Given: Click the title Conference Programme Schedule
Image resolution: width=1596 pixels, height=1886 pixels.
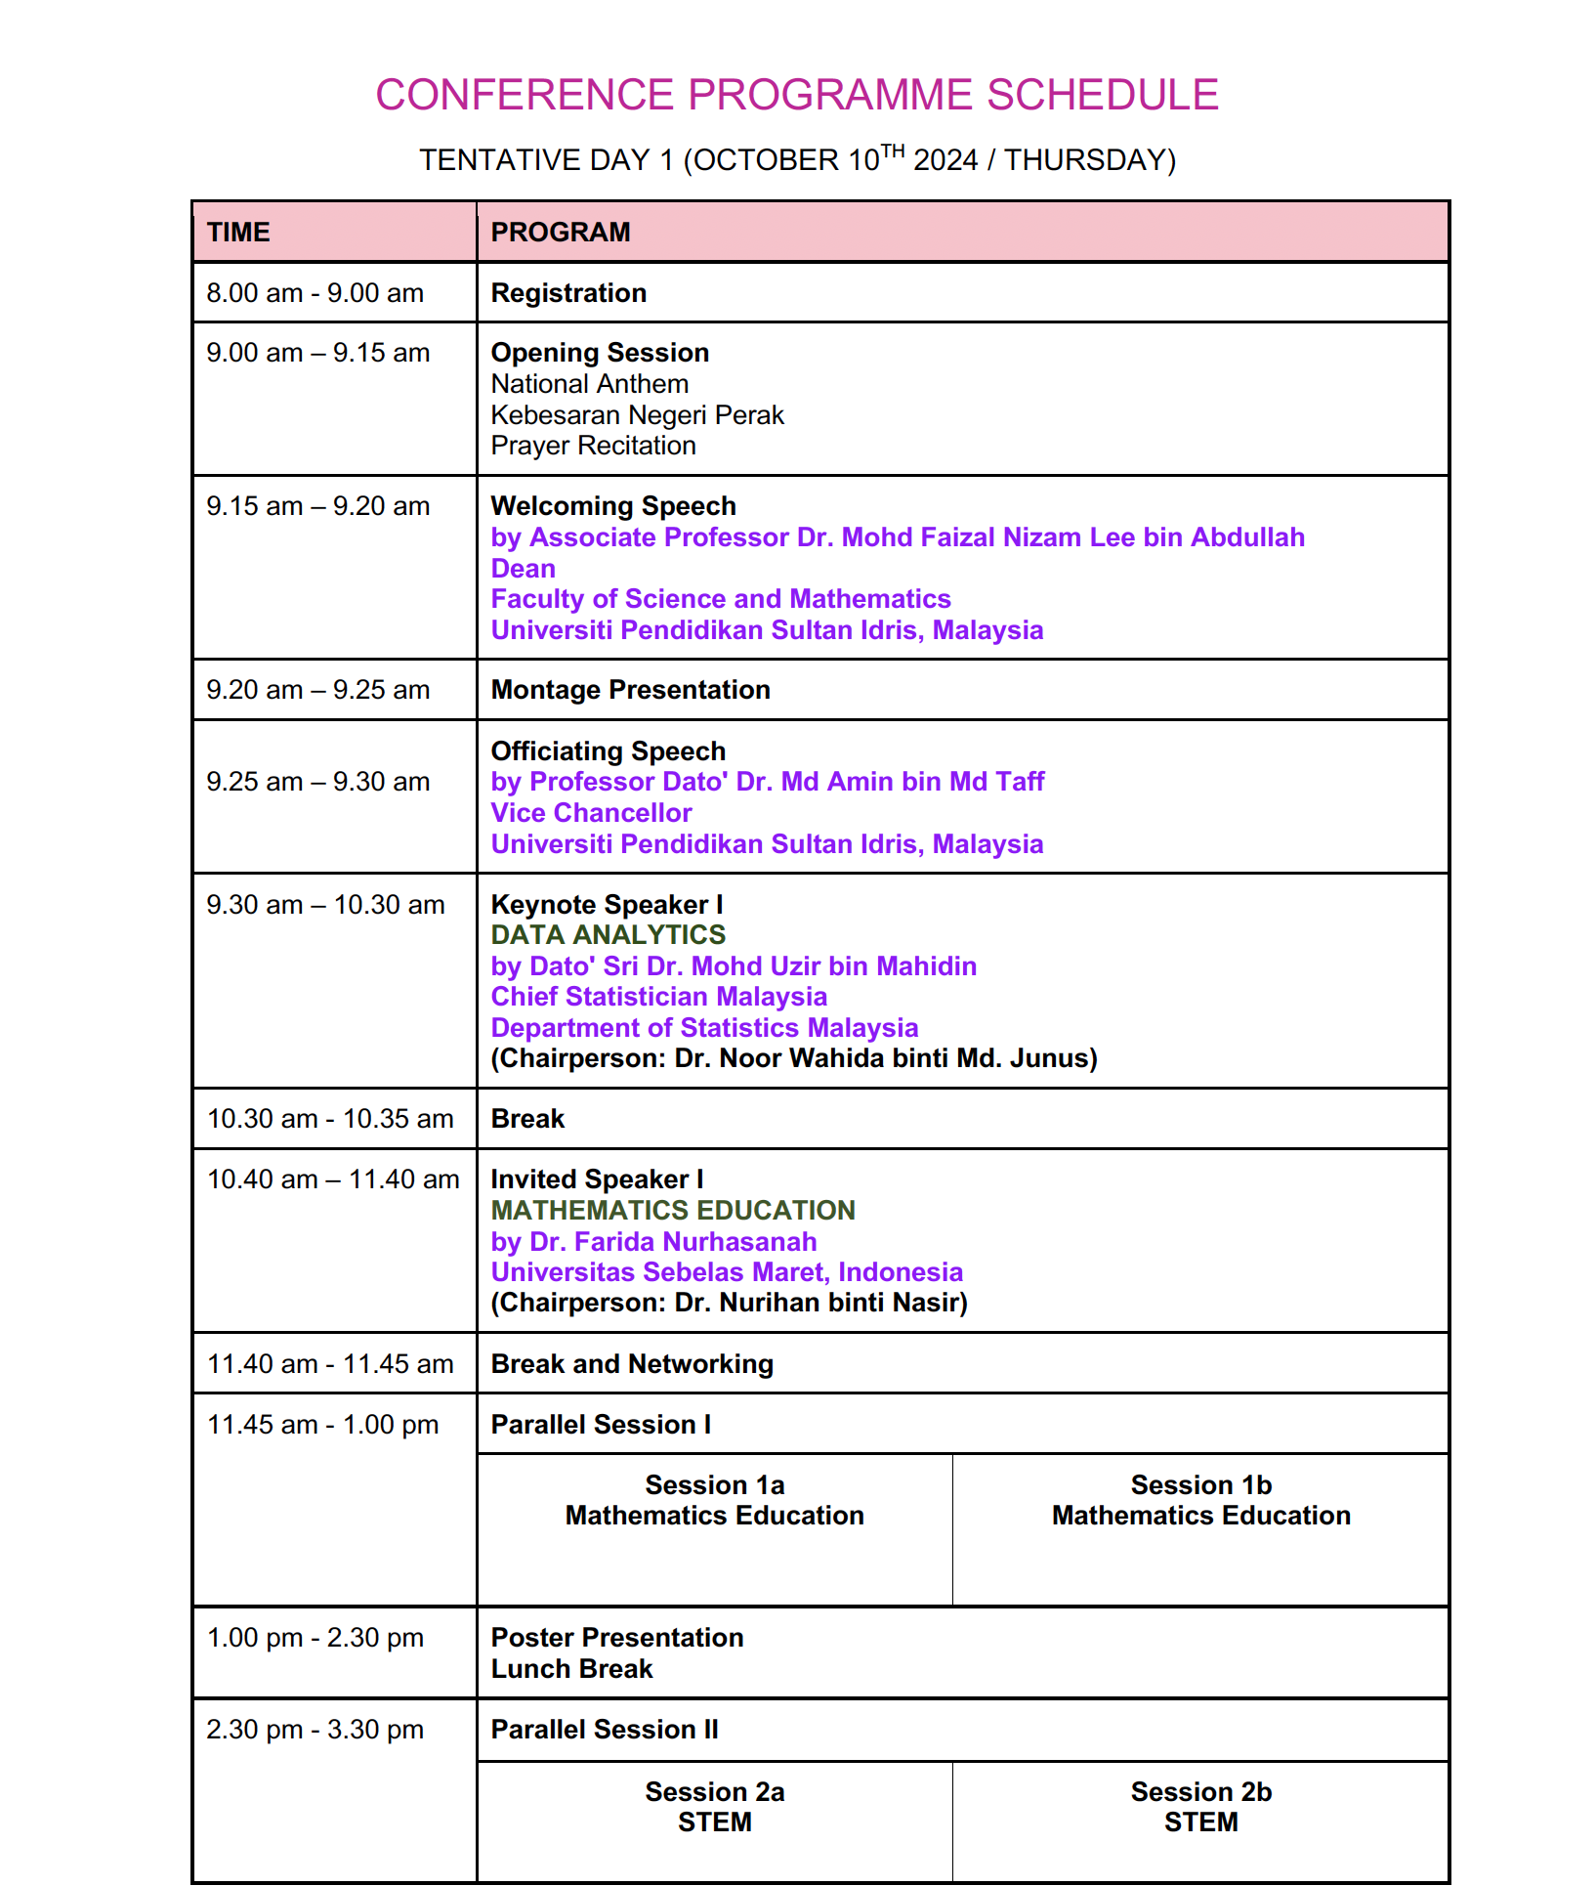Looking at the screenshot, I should click(797, 95).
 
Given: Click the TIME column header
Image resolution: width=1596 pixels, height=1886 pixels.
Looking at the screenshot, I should click(238, 233).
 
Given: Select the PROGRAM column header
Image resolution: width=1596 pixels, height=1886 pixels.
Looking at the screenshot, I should click(561, 233).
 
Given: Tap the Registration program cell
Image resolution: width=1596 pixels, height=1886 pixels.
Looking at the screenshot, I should click(568, 293).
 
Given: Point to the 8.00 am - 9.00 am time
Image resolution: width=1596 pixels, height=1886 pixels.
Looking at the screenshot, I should click(315, 293).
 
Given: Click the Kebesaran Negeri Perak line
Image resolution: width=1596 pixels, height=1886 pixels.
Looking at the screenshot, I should click(637, 415).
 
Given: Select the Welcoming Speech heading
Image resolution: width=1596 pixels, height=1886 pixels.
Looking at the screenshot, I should click(613, 506).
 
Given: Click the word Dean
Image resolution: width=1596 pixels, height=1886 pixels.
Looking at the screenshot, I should click(523, 569).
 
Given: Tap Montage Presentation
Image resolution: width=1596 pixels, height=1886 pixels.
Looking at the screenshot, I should click(630, 690).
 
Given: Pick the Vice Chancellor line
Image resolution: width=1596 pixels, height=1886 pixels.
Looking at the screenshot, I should click(591, 813).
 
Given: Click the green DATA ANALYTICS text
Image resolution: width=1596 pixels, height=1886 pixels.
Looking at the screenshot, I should click(608, 935).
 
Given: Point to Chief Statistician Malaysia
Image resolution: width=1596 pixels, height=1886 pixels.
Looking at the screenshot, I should click(658, 997).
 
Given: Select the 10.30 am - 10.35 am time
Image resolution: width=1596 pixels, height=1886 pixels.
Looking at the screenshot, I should click(330, 1119).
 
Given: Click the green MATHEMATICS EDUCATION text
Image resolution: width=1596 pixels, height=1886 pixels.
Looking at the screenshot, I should click(673, 1211).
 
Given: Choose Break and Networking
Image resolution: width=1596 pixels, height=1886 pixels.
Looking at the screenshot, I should click(632, 1364).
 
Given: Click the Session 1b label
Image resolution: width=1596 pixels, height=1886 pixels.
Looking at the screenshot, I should click(1200, 1485).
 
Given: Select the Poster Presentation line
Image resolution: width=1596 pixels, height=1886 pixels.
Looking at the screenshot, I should click(617, 1638).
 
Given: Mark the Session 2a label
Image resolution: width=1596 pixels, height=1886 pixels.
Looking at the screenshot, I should click(714, 1792).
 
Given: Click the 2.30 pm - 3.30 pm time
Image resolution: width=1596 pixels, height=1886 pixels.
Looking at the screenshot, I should click(315, 1730).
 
